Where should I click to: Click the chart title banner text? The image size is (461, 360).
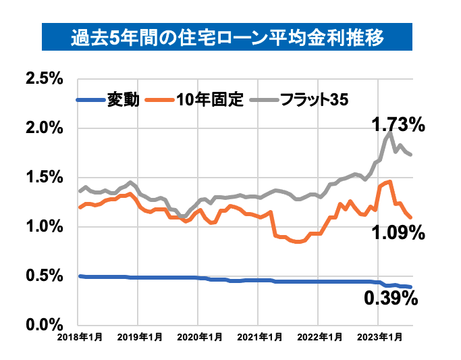[x=229, y=37]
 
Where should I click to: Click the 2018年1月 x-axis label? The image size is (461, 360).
[x=80, y=336]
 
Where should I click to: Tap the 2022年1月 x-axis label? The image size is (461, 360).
[x=318, y=336]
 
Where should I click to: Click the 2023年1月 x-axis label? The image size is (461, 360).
[x=377, y=336]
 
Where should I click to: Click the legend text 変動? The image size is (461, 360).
[x=124, y=100]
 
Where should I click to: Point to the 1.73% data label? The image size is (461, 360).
[x=398, y=124]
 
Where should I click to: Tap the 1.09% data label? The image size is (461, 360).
[x=398, y=233]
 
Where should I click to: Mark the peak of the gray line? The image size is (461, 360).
[x=390, y=133]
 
